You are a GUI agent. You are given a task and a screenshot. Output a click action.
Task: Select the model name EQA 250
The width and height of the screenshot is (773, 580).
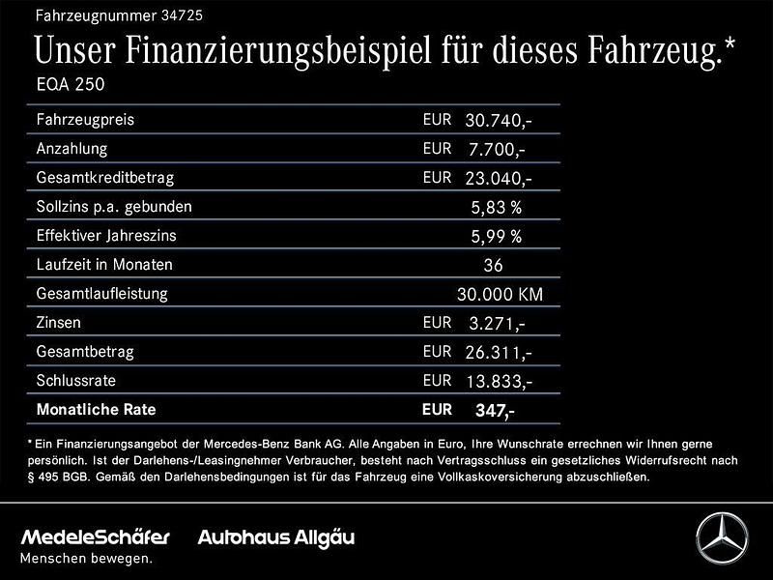(70, 84)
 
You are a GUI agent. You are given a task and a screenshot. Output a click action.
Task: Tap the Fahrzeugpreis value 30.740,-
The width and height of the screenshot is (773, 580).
(498, 121)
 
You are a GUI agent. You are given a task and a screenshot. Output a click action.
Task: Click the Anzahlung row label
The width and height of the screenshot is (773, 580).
(72, 149)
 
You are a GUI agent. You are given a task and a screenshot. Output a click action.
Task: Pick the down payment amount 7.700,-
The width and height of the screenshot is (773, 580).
(498, 150)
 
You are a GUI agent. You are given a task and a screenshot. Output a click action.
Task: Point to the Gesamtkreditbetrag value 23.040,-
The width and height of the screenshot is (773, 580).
(498, 179)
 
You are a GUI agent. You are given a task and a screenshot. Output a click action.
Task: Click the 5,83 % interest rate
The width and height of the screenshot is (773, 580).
(496, 207)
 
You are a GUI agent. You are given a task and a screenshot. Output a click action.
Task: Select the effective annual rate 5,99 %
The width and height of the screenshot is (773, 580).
(496, 236)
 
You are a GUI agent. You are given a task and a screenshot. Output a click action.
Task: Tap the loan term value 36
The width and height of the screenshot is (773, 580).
(492, 265)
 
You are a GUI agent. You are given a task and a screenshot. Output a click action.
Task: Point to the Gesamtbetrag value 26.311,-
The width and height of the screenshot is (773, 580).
(498, 352)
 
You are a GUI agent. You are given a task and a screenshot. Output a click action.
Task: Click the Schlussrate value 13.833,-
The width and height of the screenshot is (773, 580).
(498, 381)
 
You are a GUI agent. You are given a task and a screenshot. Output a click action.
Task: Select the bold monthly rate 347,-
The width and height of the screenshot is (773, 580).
(495, 411)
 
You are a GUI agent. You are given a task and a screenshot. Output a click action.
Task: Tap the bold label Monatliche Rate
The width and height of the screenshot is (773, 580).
(96, 410)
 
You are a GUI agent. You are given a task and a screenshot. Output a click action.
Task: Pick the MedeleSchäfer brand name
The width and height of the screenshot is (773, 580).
(96, 537)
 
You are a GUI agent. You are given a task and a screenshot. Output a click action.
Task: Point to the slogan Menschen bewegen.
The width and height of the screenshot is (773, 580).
(87, 558)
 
